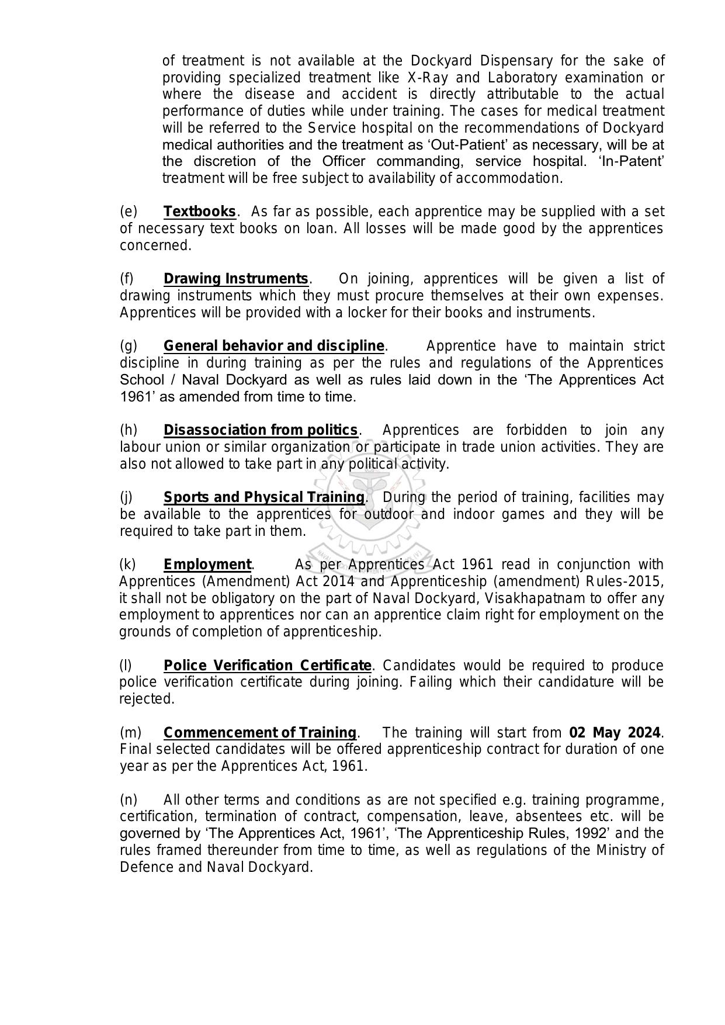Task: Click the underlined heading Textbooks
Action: click(199, 212)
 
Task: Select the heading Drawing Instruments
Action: click(235, 279)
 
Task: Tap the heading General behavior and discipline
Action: click(273, 346)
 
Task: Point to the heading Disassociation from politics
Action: click(260, 430)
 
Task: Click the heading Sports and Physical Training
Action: click(263, 497)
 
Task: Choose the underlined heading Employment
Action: click(207, 565)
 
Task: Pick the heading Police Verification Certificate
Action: click(267, 666)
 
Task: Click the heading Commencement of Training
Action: click(259, 733)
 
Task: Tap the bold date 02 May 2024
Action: click(615, 733)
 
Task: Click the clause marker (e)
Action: click(128, 212)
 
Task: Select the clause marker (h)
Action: click(128, 430)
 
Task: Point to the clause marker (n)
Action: click(128, 800)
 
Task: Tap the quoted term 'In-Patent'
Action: click(631, 161)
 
